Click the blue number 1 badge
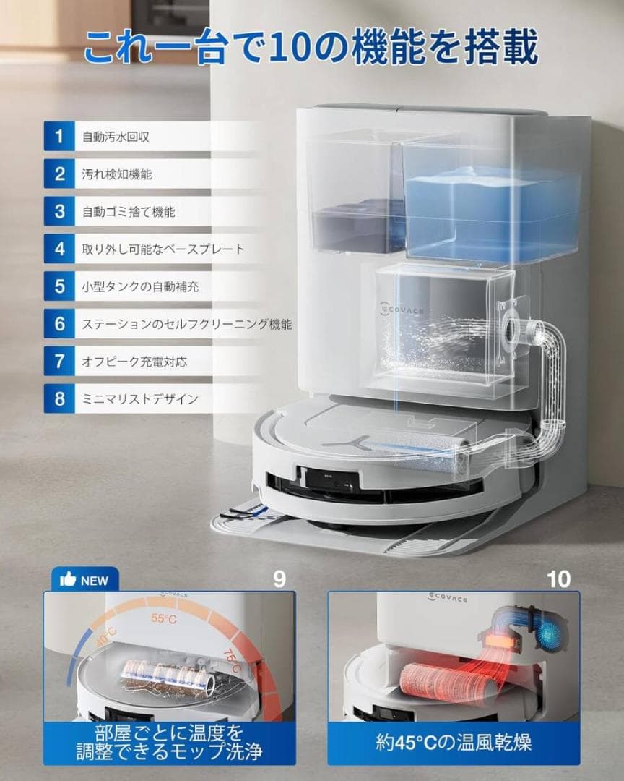(x=59, y=137)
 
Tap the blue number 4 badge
(x=59, y=249)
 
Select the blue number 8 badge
(x=59, y=398)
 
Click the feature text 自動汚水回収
(x=116, y=137)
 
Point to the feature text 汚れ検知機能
(x=116, y=174)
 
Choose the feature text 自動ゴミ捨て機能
(x=129, y=212)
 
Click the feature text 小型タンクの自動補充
(x=140, y=286)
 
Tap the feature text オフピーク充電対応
(x=134, y=362)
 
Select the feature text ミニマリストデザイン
(x=140, y=398)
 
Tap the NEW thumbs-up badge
(x=84, y=580)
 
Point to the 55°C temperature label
(x=163, y=618)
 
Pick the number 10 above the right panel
(x=558, y=579)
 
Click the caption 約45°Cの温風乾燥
(x=454, y=742)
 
